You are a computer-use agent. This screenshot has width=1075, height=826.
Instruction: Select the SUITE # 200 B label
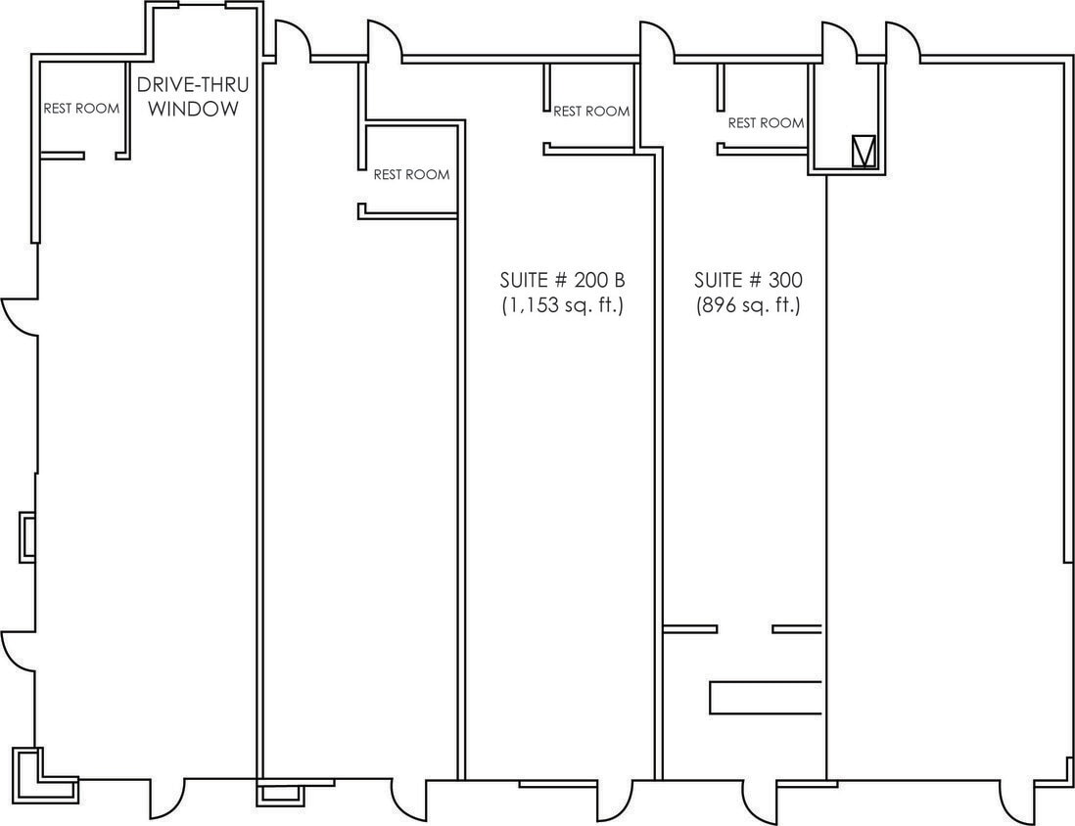pos(562,280)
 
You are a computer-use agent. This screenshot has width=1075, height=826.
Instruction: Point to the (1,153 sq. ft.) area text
pos(562,305)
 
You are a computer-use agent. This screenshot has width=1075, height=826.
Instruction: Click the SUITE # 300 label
pos(748,280)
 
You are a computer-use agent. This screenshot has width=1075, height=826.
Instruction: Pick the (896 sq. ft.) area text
pos(748,305)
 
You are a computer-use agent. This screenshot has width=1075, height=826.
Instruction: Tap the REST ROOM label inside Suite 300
pos(766,123)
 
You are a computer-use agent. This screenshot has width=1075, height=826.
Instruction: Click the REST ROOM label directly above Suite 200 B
pos(591,112)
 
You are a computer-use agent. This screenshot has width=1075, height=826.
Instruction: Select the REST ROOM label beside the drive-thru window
pos(81,109)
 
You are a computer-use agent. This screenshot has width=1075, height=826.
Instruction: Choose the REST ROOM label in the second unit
pos(411,175)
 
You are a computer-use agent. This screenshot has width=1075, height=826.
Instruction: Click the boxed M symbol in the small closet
pos(864,151)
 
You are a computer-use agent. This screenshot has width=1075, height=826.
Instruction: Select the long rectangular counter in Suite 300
pos(765,697)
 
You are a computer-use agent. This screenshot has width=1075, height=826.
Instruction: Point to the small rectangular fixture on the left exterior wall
pos(28,537)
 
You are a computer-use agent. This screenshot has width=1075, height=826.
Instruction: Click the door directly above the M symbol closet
pos(839,41)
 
